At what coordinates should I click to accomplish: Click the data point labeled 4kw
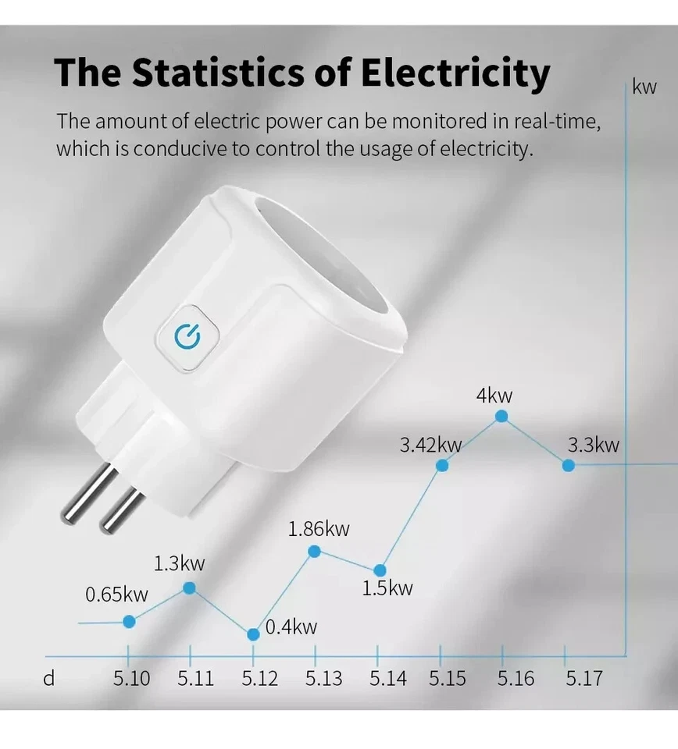click(501, 417)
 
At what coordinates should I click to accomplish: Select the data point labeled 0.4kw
click(253, 634)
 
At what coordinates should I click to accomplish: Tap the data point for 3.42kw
click(441, 465)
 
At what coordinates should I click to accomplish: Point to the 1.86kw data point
click(315, 552)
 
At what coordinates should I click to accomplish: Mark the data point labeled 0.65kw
click(130, 621)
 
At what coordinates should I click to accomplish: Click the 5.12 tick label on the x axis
click(259, 679)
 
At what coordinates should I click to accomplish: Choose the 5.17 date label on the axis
click(583, 679)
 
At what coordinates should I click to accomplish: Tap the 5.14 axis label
click(388, 679)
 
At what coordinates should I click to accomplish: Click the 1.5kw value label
click(387, 588)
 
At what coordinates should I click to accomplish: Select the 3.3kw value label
click(593, 445)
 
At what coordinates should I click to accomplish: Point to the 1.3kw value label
click(179, 563)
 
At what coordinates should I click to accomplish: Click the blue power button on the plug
click(187, 337)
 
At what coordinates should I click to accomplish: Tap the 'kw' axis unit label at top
click(644, 87)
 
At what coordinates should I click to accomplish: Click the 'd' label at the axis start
click(49, 679)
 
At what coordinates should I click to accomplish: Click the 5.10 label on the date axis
click(131, 679)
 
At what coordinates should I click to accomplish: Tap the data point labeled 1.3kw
click(189, 587)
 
